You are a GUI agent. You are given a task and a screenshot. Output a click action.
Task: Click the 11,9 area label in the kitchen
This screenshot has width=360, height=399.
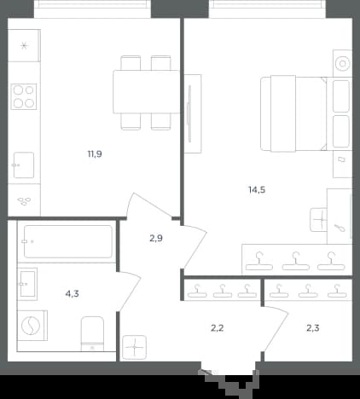tap(95, 154)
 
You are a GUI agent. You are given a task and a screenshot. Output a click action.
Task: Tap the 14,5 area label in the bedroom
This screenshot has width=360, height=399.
tap(257, 189)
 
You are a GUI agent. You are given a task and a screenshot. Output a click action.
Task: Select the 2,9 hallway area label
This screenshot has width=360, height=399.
tap(156, 238)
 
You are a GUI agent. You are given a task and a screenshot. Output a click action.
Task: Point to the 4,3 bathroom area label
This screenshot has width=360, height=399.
tap(72, 293)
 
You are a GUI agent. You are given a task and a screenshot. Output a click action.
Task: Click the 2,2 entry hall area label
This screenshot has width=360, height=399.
tap(218, 328)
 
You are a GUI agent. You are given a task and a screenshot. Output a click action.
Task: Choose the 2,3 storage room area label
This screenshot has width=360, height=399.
tap(313, 328)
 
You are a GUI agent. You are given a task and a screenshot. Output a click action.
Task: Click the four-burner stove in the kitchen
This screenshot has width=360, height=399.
tap(24, 96)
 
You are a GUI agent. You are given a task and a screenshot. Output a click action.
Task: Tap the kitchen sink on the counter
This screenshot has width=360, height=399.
tap(23, 165)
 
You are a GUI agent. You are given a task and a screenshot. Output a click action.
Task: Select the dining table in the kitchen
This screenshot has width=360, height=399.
tap(146, 92)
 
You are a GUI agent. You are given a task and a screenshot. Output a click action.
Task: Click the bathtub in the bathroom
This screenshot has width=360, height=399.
tap(68, 241)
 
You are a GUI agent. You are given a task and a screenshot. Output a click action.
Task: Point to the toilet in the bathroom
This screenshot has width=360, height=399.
tap(92, 334)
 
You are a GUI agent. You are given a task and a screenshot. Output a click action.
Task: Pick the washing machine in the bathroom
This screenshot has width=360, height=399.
tap(32, 326)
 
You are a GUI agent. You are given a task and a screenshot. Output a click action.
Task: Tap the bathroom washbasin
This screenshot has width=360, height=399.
tap(27, 284)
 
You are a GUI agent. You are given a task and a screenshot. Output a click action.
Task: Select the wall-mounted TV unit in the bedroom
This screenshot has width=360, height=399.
tap(193, 113)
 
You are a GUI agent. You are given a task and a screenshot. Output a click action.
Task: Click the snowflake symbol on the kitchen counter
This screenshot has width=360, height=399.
tap(24, 45)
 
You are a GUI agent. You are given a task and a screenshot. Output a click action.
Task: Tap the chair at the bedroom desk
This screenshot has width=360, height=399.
tap(319, 220)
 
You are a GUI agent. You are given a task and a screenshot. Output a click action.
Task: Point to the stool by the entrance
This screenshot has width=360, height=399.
tap(135, 347)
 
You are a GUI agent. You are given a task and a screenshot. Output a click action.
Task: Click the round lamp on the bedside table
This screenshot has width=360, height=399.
tap(342, 63)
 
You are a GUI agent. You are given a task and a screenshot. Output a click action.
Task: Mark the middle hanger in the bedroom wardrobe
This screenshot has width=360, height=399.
tap(295, 261)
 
